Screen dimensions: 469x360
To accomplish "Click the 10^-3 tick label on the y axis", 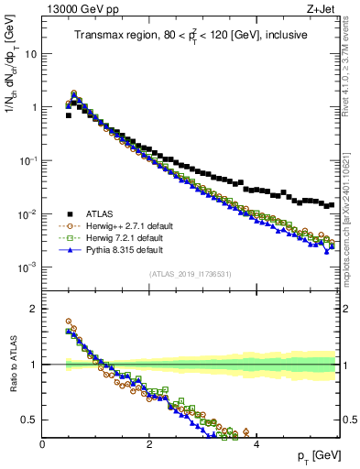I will coord(27,267).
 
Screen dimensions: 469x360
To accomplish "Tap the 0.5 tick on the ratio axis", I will coord(28,420).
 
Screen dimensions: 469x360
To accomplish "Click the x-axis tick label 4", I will coord(256,444).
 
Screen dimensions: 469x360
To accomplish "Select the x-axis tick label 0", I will coord(42,444).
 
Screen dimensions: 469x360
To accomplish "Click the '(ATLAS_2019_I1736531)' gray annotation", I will coord(190,274).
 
